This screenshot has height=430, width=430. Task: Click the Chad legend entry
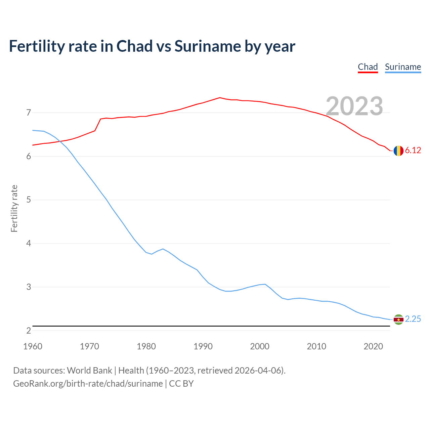click(368, 67)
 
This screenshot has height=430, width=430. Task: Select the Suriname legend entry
click(403, 67)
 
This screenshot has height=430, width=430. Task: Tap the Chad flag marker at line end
click(398, 151)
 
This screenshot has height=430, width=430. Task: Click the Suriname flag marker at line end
click(398, 319)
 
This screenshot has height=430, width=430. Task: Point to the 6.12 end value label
click(413, 150)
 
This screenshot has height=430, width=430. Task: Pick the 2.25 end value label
click(413, 319)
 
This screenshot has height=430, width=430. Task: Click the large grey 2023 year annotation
click(354, 106)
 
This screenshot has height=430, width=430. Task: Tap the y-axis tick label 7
click(29, 113)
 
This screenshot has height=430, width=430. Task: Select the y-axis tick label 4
click(29, 243)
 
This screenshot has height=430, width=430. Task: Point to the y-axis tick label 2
click(29, 331)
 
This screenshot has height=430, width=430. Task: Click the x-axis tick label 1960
click(33, 346)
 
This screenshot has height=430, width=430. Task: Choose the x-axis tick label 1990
click(203, 346)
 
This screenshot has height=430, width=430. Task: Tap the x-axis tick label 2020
click(373, 346)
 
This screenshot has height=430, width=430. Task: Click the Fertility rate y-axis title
click(14, 208)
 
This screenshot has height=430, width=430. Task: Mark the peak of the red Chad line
click(220, 98)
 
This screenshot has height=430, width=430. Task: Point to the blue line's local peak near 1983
click(163, 249)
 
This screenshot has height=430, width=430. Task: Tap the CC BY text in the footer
click(181, 384)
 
